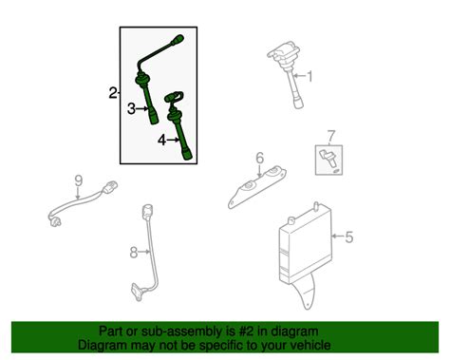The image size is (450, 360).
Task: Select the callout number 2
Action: click(112, 93)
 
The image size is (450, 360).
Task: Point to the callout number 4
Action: click(160, 140)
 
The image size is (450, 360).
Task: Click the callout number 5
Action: click(348, 237)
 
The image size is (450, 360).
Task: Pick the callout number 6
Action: click(258, 158)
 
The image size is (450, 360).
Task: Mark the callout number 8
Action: click(134, 252)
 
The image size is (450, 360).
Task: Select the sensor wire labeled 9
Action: click(84, 204)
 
